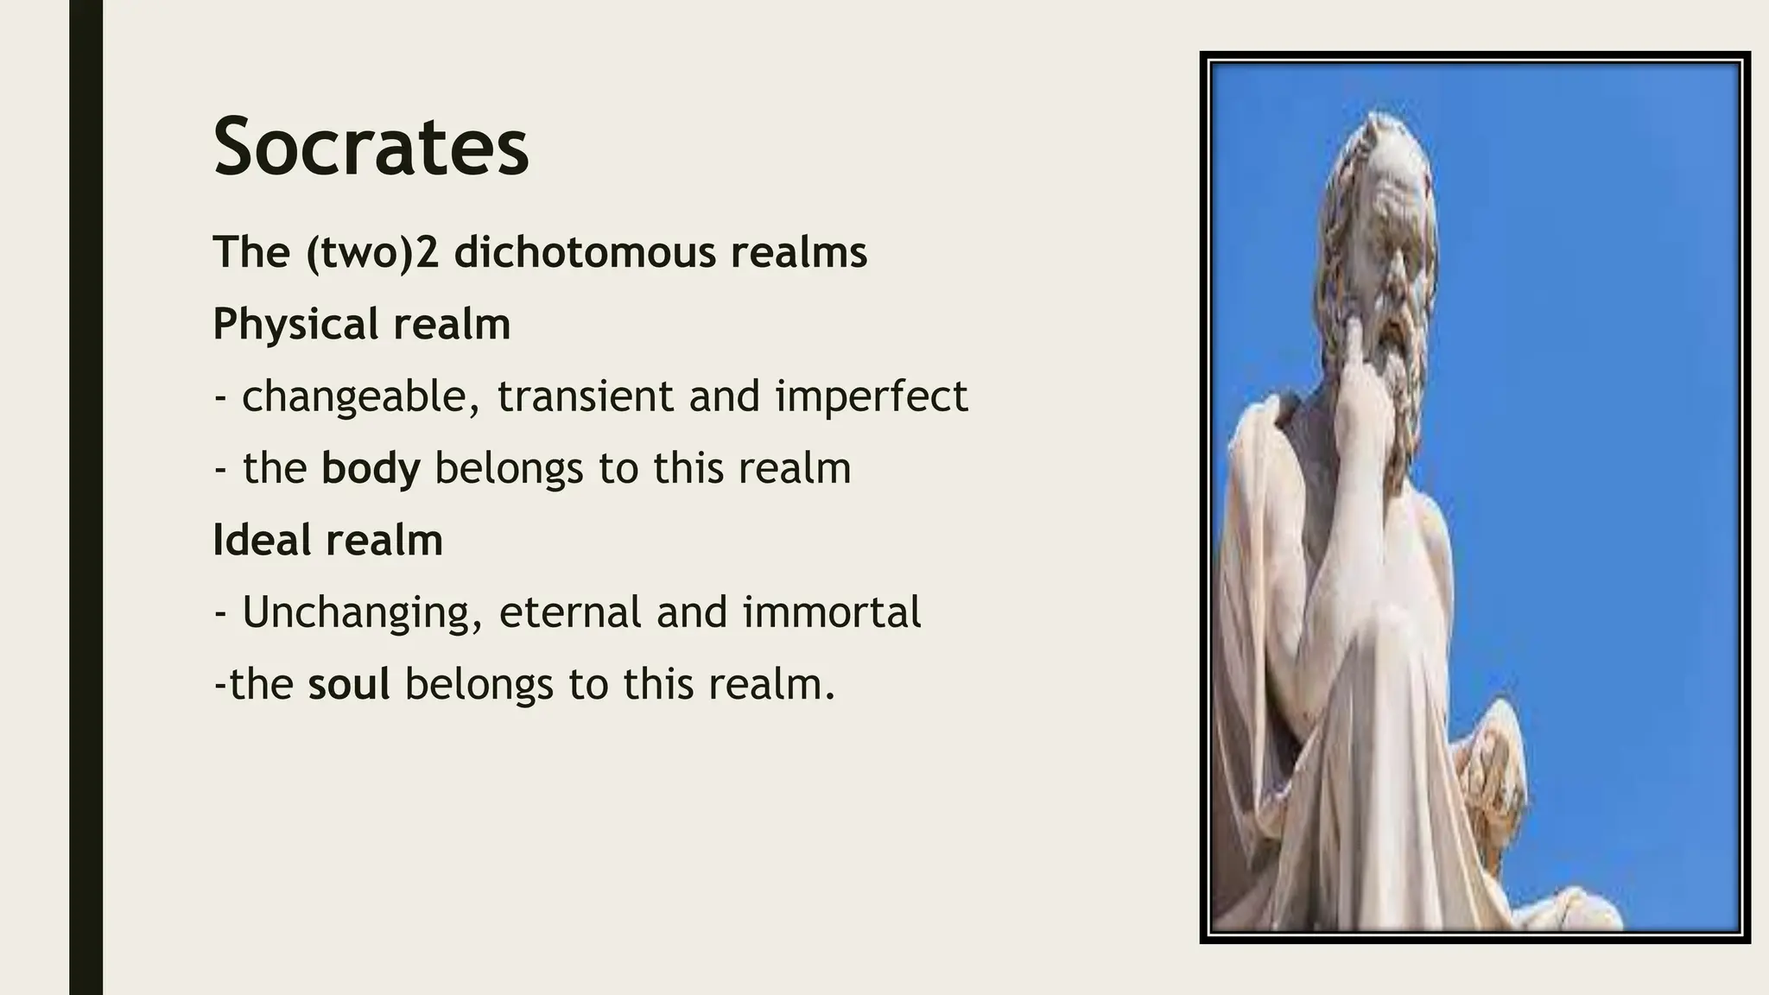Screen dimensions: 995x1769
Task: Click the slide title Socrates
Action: (371, 148)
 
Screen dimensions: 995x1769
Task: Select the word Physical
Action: (295, 325)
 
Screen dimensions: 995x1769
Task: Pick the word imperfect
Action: (871, 396)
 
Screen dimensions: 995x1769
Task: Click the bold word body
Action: (371, 468)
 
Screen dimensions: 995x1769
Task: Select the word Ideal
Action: (263, 541)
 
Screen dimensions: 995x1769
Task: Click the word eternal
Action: (570, 612)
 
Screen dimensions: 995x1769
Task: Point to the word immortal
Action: (832, 612)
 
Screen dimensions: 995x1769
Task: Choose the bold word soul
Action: (349, 684)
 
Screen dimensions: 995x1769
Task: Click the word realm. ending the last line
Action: (772, 684)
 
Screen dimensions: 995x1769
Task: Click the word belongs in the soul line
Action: (479, 684)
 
